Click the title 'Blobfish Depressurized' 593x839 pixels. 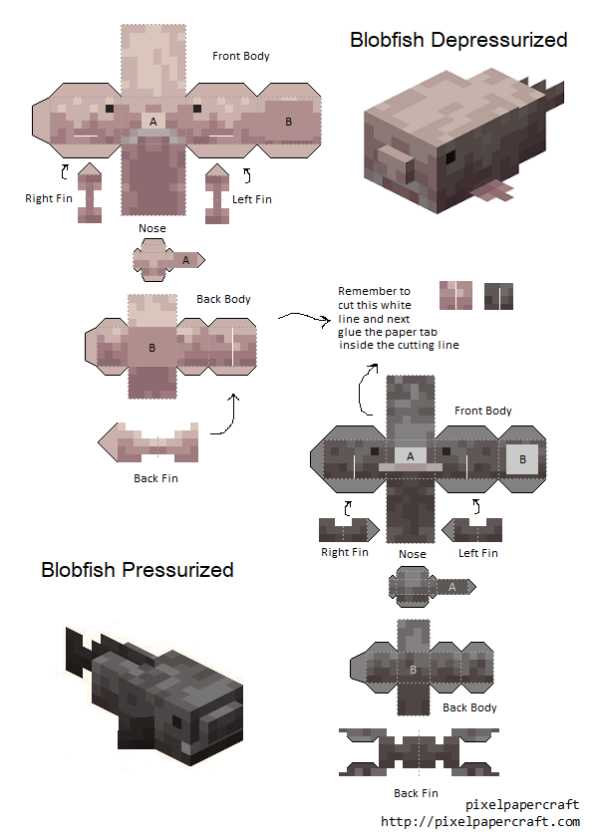pyautogui.click(x=458, y=40)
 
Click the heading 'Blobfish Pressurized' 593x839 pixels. pyautogui.click(x=138, y=570)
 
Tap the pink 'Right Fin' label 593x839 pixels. pyautogui.click(x=49, y=198)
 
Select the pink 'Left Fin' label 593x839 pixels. pyautogui.click(x=251, y=199)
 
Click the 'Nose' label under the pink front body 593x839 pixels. pyautogui.click(x=152, y=228)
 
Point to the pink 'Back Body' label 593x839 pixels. pyautogui.click(x=223, y=299)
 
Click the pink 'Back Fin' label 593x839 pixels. pyautogui.click(x=155, y=478)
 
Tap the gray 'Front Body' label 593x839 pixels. pyautogui.click(x=482, y=411)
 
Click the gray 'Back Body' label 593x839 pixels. pyautogui.click(x=469, y=707)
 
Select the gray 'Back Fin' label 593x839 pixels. pyautogui.click(x=416, y=793)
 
